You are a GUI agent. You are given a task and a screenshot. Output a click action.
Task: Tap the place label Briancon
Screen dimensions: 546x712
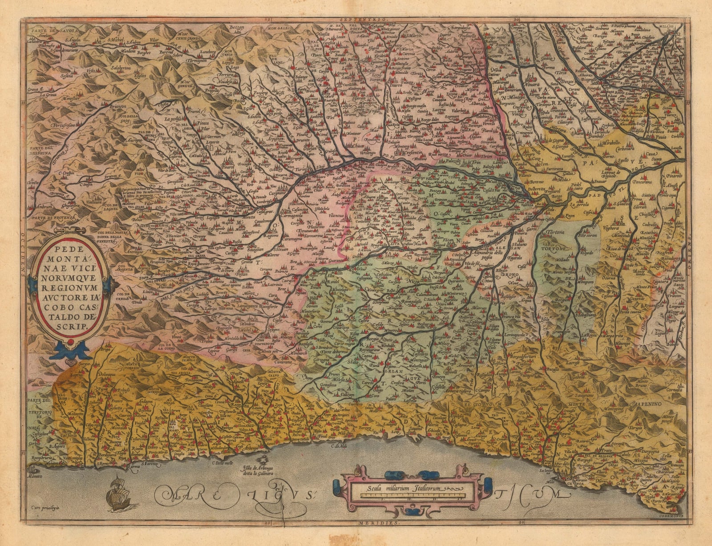pyautogui.click(x=117, y=107)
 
